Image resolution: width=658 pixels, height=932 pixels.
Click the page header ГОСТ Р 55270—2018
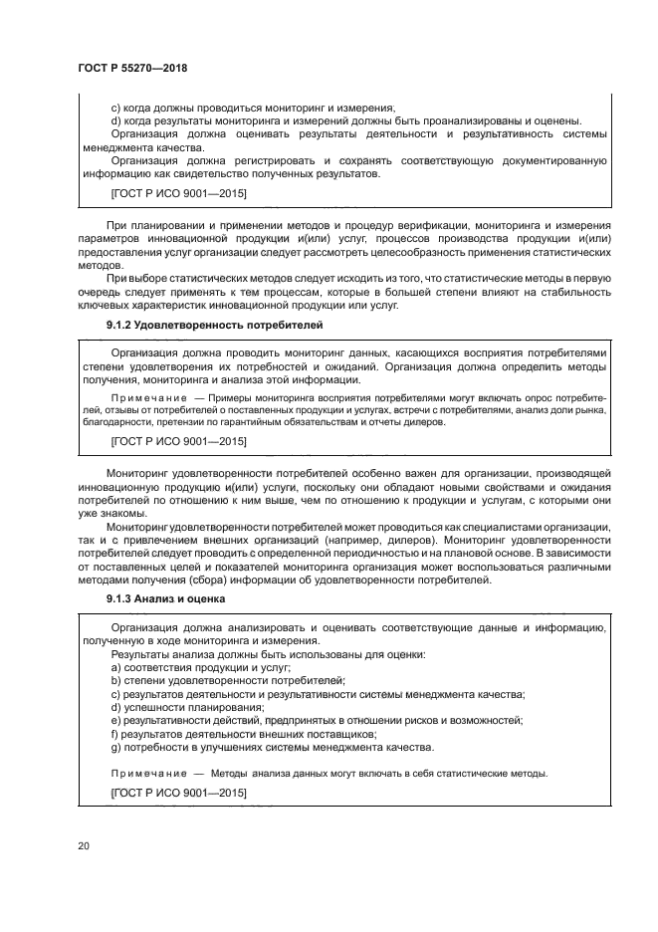(x=132, y=67)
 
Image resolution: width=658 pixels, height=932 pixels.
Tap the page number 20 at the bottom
(x=83, y=846)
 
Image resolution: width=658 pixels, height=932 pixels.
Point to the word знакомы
(x=125, y=513)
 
